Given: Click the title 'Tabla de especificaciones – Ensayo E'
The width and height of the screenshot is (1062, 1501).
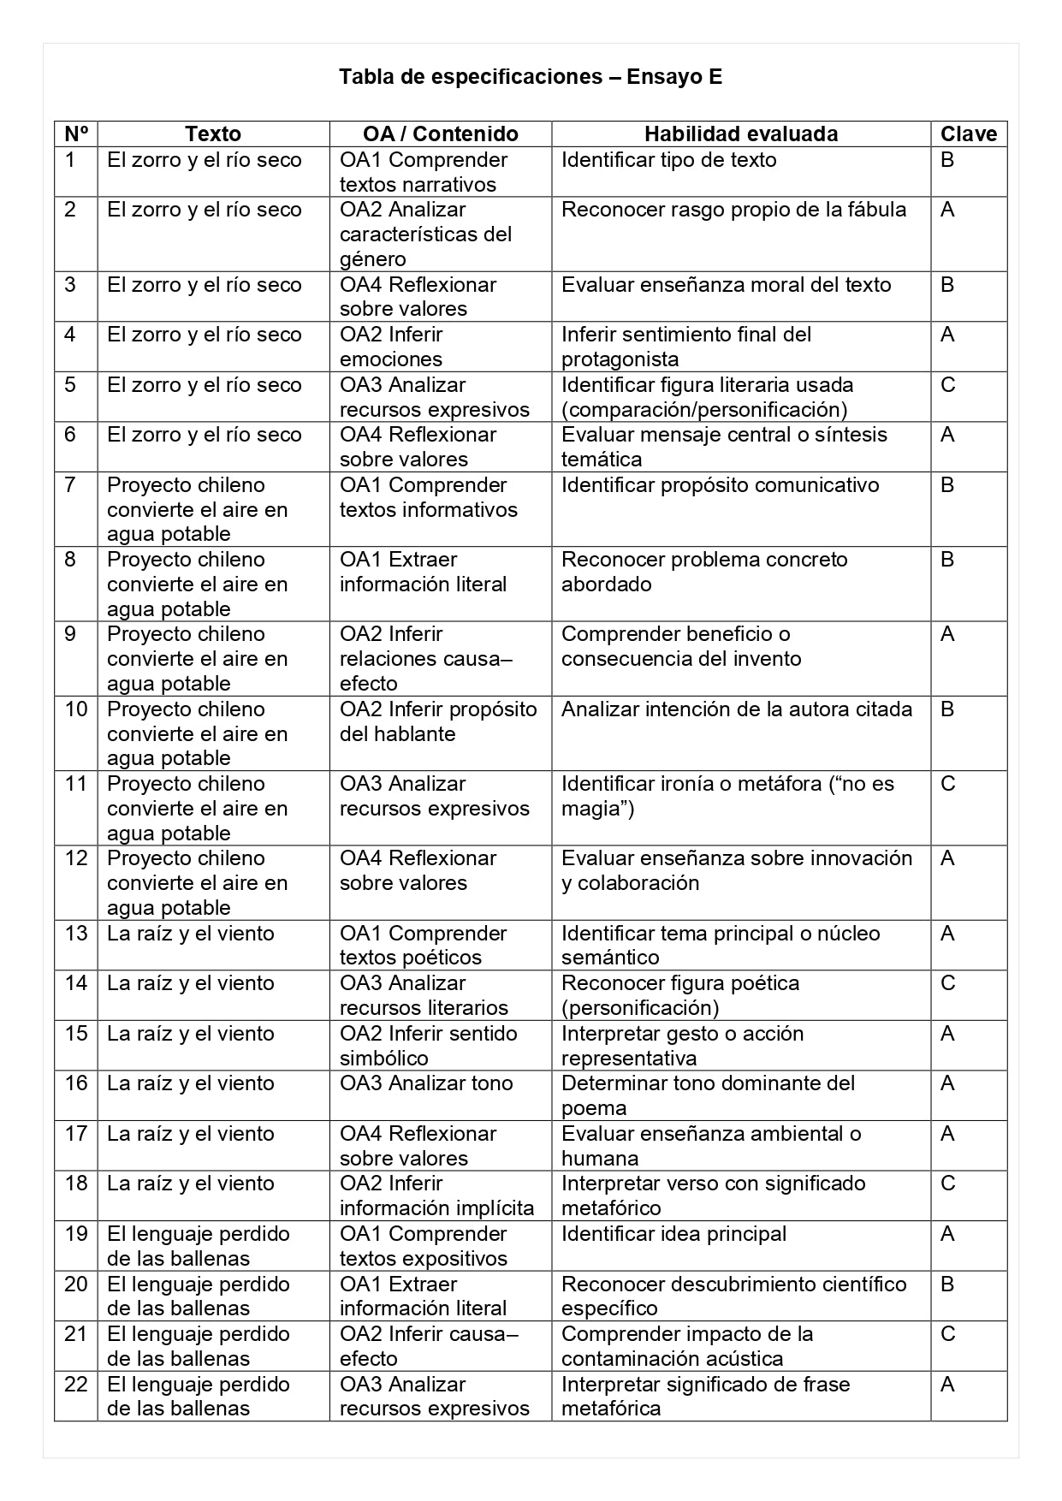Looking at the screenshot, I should pyautogui.click(x=531, y=77).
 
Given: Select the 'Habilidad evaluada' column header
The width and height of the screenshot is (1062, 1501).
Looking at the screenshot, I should pyautogui.click(x=740, y=134).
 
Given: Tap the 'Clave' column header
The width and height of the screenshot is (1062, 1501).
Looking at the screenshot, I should pyautogui.click(x=968, y=134).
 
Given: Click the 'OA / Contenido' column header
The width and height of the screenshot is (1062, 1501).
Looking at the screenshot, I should pyautogui.click(x=440, y=134).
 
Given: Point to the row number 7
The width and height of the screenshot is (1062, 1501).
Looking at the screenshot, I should pyautogui.click(x=70, y=485).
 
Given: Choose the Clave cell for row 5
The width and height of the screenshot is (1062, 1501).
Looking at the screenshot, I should pyautogui.click(x=947, y=385).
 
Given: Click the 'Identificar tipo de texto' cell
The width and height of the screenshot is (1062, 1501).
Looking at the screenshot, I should pyautogui.click(x=668, y=160).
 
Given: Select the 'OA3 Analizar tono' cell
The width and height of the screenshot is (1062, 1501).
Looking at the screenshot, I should pyautogui.click(x=426, y=1083).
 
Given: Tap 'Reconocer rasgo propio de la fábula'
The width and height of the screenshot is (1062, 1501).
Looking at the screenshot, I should pyautogui.click(x=733, y=210).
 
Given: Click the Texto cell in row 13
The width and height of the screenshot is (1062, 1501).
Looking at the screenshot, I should pyautogui.click(x=190, y=934).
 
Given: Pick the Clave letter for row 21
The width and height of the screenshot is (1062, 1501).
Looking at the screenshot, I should pyautogui.click(x=947, y=1334).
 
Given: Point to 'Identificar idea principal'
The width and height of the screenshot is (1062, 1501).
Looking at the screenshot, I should pyautogui.click(x=673, y=1234).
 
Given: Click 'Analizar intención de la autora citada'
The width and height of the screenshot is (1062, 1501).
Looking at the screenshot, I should pyautogui.click(x=736, y=709).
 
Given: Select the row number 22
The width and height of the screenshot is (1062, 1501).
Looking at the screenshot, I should pyautogui.click(x=76, y=1385).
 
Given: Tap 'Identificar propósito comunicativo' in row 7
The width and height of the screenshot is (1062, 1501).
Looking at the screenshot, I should pyautogui.click(x=720, y=485).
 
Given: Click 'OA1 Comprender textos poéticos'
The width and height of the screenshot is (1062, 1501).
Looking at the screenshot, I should pyautogui.click(x=423, y=945).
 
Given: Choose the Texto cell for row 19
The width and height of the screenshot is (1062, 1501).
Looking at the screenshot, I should pyautogui.click(x=198, y=1246).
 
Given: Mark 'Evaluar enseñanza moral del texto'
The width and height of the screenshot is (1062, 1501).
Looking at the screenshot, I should pyautogui.click(x=726, y=285).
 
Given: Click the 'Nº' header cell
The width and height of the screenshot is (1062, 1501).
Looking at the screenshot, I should pyautogui.click(x=76, y=134).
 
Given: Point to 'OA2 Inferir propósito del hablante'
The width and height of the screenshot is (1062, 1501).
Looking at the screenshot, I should pyautogui.click(x=437, y=721).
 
